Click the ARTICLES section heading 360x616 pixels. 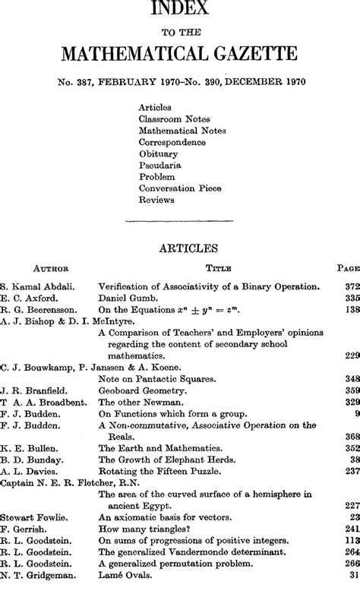[x=180, y=246]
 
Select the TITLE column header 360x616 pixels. [x=218, y=268]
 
